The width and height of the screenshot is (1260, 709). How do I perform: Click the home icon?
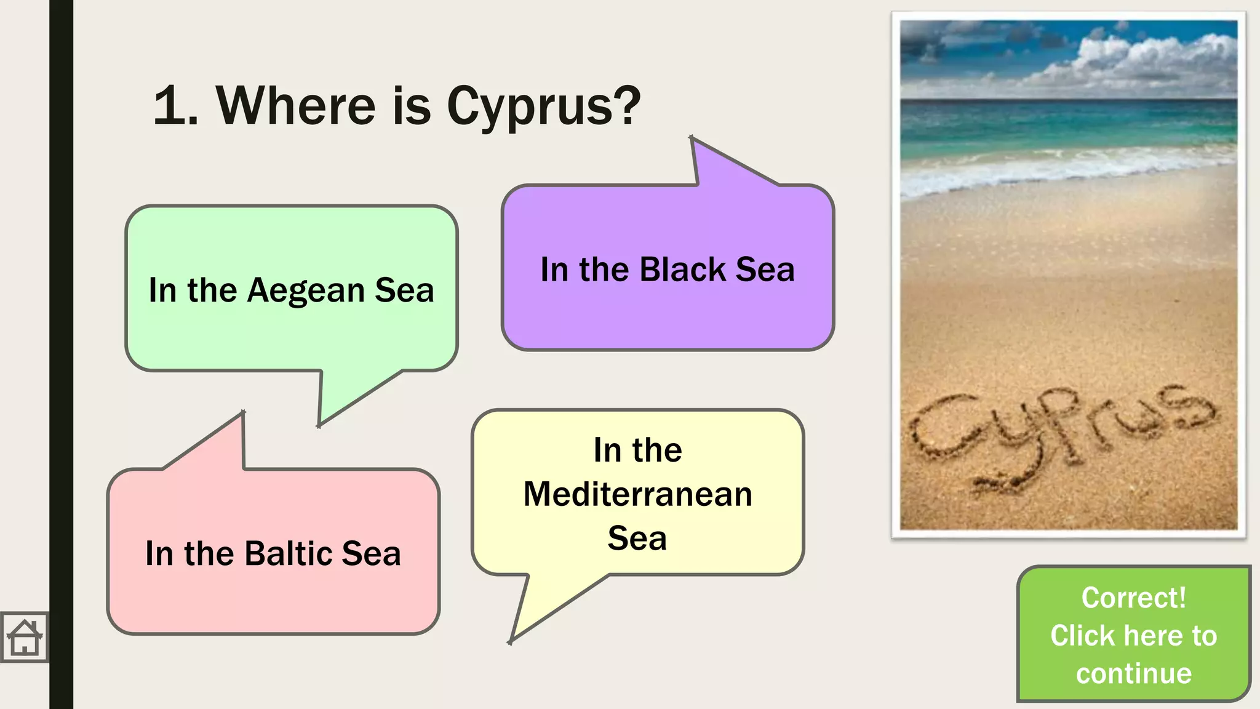[x=25, y=637]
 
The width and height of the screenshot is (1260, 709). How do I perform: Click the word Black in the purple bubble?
[x=683, y=270]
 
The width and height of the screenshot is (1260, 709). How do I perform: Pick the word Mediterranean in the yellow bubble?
[x=638, y=494]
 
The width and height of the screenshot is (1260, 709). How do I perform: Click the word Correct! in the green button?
[x=1133, y=598]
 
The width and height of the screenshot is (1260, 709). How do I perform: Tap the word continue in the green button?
[x=1133, y=673]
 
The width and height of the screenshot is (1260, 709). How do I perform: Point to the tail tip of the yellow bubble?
[x=510, y=642]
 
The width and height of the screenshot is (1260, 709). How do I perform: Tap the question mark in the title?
[x=626, y=106]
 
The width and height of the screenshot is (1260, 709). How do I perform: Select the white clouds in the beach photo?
[x=1138, y=55]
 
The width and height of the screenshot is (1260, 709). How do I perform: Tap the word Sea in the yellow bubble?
[x=637, y=539]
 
